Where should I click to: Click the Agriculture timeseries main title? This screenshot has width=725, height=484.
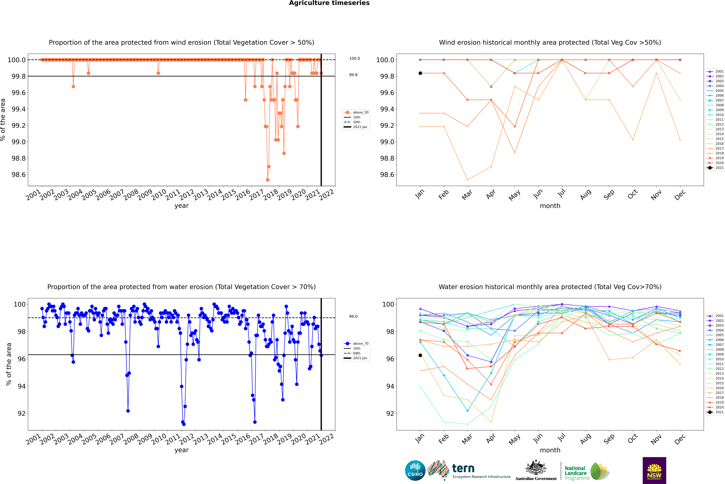[x=329, y=3]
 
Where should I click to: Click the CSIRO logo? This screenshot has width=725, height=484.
[x=415, y=470]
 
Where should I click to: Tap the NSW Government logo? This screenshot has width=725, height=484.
[x=654, y=470]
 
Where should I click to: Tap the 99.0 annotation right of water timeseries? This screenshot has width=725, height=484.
[x=353, y=316]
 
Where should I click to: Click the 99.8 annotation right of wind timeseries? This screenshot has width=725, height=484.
[x=353, y=75]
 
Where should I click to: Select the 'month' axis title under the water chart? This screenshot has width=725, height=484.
[x=550, y=450]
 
